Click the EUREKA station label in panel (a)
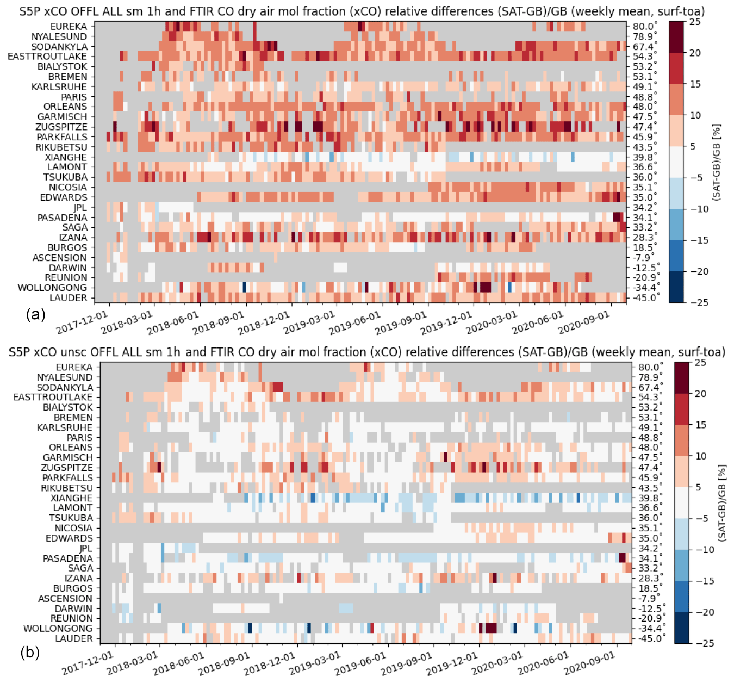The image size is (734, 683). [68, 26]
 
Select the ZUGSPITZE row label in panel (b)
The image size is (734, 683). [67, 468]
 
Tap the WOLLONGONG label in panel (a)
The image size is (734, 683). [52, 288]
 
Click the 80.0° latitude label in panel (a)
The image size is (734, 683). [645, 26]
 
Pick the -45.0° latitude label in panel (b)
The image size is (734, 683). [650, 638]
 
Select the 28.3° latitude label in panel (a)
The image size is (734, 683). [645, 238]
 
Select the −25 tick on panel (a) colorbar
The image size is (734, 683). [695, 302]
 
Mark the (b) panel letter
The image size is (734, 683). [30, 653]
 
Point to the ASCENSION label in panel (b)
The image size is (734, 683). [65, 599]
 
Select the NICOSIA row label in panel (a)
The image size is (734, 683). [67, 187]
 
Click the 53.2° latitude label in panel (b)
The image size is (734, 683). [650, 407]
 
